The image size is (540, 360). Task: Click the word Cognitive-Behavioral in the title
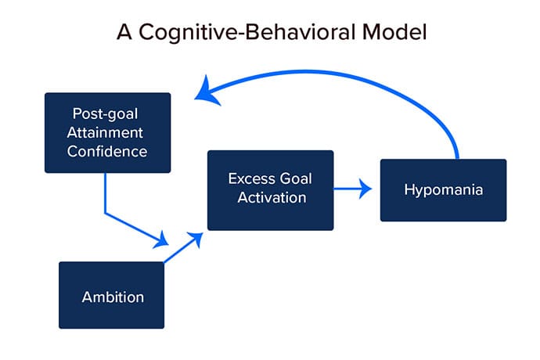click(x=247, y=32)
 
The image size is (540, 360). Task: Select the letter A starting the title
click(x=124, y=32)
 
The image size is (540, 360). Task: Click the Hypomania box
click(x=443, y=190)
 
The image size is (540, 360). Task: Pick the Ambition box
click(x=112, y=295)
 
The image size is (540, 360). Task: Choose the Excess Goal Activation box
click(x=270, y=190)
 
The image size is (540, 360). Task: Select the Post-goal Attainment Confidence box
click(x=107, y=132)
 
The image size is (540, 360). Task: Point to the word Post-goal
click(x=105, y=114)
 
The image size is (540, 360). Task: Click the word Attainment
click(x=105, y=132)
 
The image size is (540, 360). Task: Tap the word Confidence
click(x=107, y=151)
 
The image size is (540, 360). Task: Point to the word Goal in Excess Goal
click(x=296, y=178)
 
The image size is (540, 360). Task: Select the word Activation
click(x=272, y=197)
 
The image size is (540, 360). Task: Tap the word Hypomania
click(x=444, y=190)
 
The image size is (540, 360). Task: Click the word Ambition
click(x=113, y=297)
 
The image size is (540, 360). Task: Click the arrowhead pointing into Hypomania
click(x=365, y=189)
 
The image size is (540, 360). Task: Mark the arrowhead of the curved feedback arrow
click(x=206, y=92)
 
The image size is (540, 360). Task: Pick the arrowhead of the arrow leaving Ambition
click(x=196, y=239)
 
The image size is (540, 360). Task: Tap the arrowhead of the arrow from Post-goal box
click(x=161, y=240)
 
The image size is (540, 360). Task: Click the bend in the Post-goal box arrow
click(x=105, y=214)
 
